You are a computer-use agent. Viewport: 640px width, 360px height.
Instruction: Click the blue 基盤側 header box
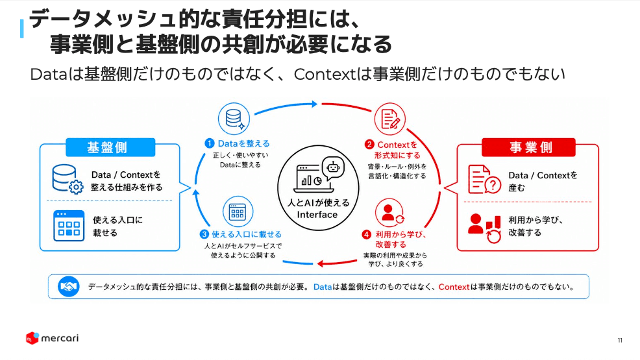[x=110, y=147]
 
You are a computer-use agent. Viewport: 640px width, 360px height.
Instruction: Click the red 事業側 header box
[x=528, y=147]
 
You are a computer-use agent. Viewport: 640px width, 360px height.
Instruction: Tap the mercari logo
[x=52, y=338]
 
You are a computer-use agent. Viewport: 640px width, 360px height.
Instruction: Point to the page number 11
[x=620, y=340]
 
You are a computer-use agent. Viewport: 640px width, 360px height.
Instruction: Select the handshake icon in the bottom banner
[x=68, y=287]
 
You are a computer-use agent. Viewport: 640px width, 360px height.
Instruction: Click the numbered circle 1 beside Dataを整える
[x=210, y=143]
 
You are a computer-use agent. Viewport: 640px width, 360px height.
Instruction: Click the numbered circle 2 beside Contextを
[x=369, y=145]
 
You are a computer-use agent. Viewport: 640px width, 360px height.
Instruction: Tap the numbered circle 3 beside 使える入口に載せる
[x=204, y=234]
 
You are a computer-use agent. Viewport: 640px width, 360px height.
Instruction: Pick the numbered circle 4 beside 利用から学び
[x=367, y=234]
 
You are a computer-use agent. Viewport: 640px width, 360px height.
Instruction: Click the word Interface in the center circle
[x=317, y=215]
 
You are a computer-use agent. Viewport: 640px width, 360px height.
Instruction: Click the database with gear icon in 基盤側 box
[x=68, y=179]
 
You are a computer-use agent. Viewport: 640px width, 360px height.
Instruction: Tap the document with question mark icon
[x=484, y=179]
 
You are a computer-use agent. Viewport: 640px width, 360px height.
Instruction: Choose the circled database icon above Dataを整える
[x=234, y=119]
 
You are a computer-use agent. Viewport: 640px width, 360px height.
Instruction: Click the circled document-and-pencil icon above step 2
[x=390, y=119]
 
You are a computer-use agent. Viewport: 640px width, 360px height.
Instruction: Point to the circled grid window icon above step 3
[x=238, y=211]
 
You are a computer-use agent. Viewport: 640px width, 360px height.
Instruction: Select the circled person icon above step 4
[x=389, y=212]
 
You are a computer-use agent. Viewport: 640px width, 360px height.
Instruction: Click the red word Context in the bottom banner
[x=454, y=287]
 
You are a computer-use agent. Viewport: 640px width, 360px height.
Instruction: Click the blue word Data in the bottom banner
[x=323, y=287]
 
